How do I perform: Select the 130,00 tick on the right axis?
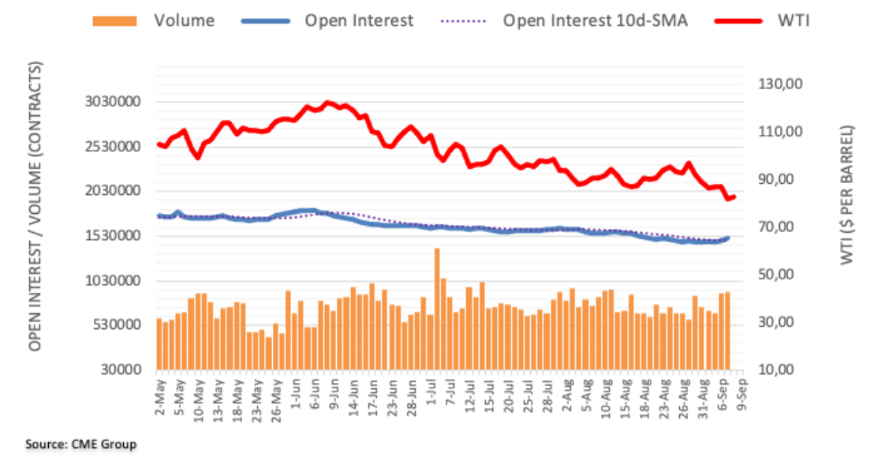tap(779, 84)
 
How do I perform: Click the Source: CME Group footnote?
tap(80, 444)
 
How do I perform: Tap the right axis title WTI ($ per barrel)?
tap(848, 194)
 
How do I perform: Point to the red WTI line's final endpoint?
tap(734, 197)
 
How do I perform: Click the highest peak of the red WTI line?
tap(327, 103)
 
